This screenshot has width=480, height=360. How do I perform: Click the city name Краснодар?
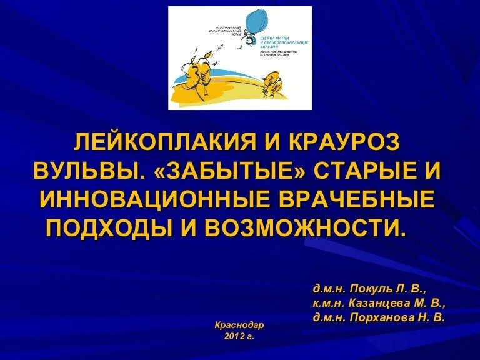click(x=239, y=326)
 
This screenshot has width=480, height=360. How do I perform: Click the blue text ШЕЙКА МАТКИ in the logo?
click(x=277, y=38)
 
